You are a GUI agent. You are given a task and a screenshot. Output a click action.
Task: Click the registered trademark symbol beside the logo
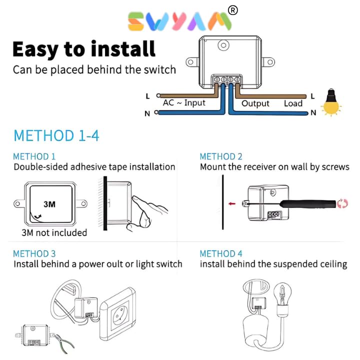(233, 10)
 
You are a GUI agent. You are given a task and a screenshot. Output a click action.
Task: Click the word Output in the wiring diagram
(255, 103)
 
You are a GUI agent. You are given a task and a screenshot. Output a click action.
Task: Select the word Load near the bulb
(293, 103)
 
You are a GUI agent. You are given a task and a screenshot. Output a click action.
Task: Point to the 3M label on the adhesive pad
(49, 204)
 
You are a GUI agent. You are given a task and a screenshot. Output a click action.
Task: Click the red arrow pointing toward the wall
(232, 203)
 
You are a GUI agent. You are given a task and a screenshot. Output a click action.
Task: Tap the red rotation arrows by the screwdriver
(342, 203)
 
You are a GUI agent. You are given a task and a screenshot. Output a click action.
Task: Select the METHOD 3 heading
(34, 253)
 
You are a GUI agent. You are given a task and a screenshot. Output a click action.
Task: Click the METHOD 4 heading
(221, 253)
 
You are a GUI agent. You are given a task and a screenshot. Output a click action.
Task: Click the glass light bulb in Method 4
(282, 296)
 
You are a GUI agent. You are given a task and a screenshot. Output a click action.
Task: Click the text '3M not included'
(54, 233)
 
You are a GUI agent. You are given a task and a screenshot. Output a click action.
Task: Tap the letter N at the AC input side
(147, 113)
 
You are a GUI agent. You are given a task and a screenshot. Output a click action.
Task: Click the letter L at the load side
(312, 96)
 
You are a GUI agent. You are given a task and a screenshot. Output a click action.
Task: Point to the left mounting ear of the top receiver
(192, 62)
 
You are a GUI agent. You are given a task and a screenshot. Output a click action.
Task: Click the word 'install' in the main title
(123, 48)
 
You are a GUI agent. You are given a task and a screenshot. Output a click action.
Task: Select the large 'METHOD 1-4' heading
(56, 135)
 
